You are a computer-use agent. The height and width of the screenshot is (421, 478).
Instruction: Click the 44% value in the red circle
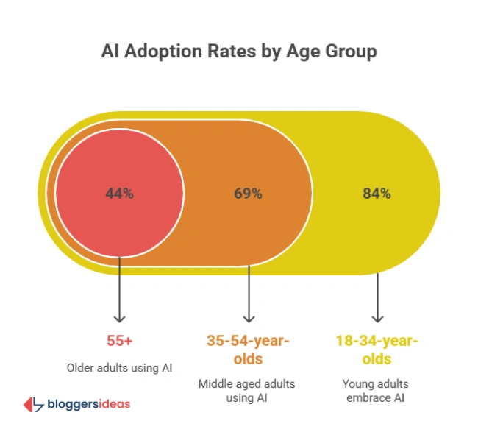point(118,194)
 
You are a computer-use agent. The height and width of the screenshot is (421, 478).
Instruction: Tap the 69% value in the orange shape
point(248,194)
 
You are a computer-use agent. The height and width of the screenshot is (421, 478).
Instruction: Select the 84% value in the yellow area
point(377,194)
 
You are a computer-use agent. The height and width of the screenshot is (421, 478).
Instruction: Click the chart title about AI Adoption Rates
point(239,52)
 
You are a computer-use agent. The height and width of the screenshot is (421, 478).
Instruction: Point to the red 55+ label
point(119,342)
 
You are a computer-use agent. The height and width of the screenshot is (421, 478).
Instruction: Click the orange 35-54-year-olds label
point(249,350)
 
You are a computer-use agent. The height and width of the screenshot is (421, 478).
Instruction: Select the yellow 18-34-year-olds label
point(377,350)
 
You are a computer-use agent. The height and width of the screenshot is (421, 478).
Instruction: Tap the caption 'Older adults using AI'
point(119,367)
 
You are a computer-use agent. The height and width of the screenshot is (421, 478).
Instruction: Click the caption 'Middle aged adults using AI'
point(249,391)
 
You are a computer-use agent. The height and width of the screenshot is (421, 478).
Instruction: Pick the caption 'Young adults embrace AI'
point(377,391)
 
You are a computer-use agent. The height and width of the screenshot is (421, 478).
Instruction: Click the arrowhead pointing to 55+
point(119,318)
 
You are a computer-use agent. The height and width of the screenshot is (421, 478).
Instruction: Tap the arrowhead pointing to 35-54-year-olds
point(249,318)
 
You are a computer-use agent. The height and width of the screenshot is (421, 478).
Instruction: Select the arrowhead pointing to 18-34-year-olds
point(377,318)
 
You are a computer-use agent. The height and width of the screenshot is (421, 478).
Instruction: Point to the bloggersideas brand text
point(88,404)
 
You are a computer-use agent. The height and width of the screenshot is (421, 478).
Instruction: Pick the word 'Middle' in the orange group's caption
point(215,383)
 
